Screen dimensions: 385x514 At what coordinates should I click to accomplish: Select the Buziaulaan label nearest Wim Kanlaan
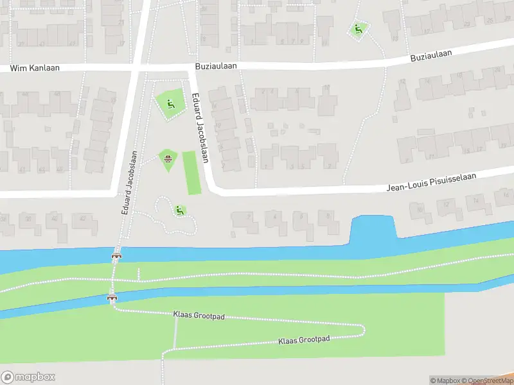217,66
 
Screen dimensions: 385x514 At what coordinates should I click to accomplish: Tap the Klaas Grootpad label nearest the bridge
197,316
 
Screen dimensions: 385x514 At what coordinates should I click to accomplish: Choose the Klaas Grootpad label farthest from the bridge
304,339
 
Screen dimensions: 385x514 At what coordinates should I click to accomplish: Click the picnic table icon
168,158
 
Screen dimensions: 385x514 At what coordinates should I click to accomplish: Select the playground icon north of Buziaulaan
358,28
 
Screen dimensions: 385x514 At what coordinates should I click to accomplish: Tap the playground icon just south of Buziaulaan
170,103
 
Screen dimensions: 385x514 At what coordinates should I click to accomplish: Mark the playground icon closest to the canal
179,210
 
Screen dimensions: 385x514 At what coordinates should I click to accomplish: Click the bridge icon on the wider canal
116,257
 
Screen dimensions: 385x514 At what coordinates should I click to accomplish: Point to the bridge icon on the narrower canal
112,298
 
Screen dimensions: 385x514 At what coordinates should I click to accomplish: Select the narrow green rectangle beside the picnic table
191,173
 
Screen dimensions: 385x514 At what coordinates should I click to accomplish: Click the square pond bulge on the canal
373,228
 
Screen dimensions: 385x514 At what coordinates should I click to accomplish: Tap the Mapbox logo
28,377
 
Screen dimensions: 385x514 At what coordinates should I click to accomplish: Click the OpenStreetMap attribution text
487,381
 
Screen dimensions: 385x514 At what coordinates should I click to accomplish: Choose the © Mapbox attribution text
444,381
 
